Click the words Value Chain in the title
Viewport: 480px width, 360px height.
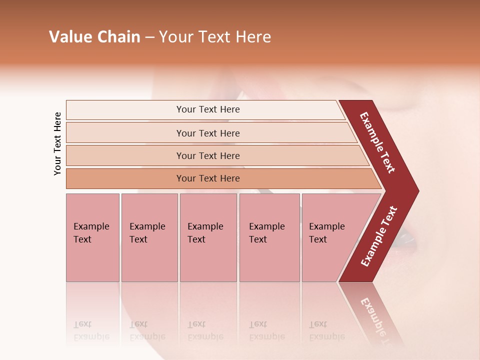[95, 37]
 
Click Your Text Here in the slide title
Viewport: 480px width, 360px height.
[215, 37]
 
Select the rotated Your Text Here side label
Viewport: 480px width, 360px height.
[57, 143]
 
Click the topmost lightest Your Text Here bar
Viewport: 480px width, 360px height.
[208, 109]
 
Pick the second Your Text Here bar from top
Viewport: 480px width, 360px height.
[208, 133]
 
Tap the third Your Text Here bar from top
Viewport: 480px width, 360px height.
[208, 155]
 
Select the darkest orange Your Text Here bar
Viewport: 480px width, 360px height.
[208, 178]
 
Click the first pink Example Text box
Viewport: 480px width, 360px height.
[92, 237]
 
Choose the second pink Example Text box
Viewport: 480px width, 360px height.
[149, 237]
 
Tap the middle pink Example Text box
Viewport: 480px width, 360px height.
[208, 237]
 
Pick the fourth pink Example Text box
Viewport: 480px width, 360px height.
[269, 237]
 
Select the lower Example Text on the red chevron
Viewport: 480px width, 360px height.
[379, 236]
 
